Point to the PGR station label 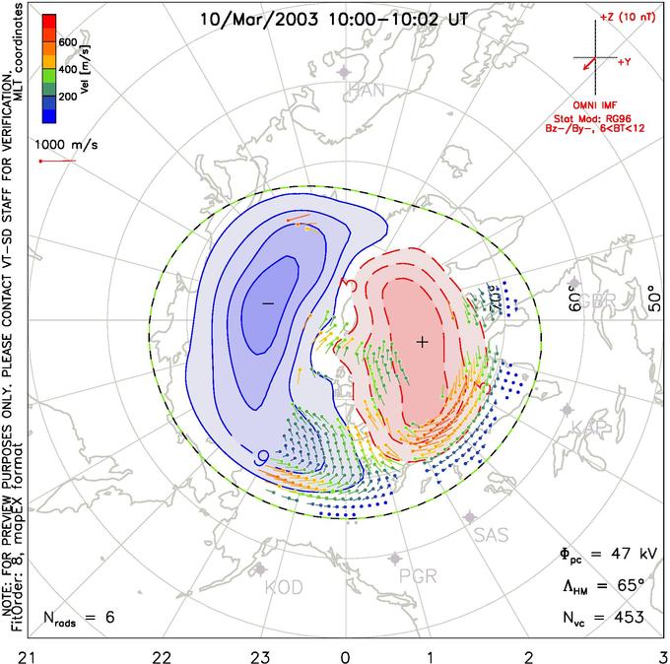pos(419,576)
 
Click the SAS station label pos(491,535)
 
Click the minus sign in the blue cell pos(267,302)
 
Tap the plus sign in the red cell pos(423,341)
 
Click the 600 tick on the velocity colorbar pos(68,43)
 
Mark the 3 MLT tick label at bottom pos(662,652)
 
